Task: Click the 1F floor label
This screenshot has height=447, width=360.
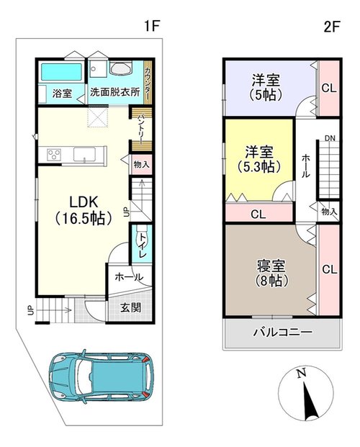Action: click(x=151, y=26)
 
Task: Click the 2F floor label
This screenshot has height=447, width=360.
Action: click(x=331, y=27)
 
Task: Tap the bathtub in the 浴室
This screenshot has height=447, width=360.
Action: click(x=61, y=72)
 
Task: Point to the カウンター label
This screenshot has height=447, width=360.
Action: click(x=148, y=82)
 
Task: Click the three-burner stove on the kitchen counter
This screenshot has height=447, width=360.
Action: click(x=54, y=155)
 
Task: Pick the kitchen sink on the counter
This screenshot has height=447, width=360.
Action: click(x=84, y=155)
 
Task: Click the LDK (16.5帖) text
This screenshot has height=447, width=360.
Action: click(x=84, y=210)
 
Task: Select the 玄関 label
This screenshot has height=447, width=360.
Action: click(x=130, y=308)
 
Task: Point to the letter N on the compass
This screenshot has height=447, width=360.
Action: click(x=301, y=373)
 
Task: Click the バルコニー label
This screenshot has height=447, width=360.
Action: click(x=283, y=332)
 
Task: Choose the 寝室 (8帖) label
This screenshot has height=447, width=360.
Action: click(x=271, y=273)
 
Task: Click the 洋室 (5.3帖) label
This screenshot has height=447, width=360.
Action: click(x=258, y=159)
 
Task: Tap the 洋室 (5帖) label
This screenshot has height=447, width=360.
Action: click(x=266, y=87)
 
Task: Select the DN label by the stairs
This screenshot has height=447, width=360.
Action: click(x=330, y=138)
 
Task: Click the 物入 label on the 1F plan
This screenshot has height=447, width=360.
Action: click(x=142, y=165)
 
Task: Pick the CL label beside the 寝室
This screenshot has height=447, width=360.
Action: click(x=330, y=269)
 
